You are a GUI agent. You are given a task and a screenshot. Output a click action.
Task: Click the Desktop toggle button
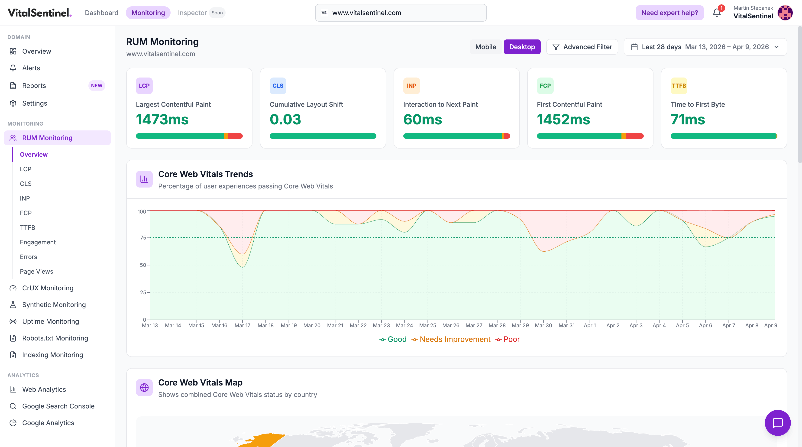click(x=522, y=47)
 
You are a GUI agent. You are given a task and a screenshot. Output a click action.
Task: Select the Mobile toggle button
click(x=485, y=47)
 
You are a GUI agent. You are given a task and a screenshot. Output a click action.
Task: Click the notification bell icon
click(x=716, y=13)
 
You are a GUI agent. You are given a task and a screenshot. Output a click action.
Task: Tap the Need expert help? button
click(x=669, y=13)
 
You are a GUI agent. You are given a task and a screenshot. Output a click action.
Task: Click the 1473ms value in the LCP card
click(x=162, y=120)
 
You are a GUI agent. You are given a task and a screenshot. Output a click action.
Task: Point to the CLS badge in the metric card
click(x=278, y=86)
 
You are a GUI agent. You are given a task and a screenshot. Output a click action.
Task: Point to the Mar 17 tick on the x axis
click(x=242, y=325)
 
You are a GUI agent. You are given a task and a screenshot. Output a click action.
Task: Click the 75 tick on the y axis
click(x=143, y=237)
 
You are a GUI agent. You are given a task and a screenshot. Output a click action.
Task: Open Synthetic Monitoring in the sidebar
click(x=54, y=305)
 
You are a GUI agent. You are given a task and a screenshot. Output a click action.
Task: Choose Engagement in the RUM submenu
click(x=38, y=242)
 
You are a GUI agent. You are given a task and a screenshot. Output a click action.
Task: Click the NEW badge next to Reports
click(x=97, y=86)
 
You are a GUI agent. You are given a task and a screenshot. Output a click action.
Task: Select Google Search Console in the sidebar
click(x=58, y=406)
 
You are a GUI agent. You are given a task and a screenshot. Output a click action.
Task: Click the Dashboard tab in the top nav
click(x=101, y=13)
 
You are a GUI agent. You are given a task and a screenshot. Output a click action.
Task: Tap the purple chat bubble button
click(x=777, y=423)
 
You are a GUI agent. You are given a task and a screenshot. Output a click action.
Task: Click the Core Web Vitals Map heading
click(x=200, y=382)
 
